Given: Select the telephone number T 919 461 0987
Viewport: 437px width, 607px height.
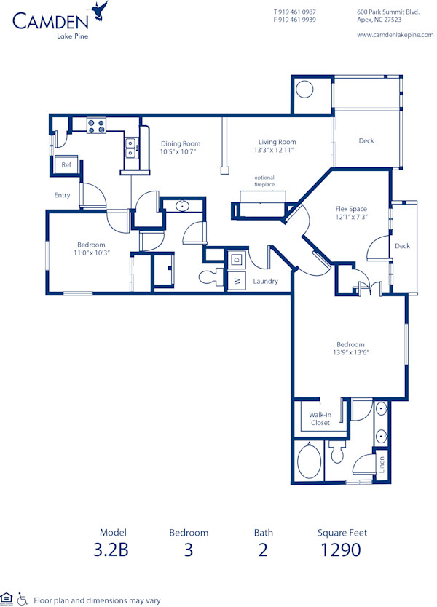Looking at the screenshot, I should (x=294, y=12).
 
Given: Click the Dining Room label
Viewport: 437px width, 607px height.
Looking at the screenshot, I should (x=181, y=143).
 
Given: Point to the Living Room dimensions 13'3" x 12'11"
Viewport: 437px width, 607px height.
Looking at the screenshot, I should (x=277, y=150).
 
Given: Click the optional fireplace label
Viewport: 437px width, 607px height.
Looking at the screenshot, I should (x=264, y=181).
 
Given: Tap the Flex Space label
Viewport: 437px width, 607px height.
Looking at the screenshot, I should (x=351, y=209).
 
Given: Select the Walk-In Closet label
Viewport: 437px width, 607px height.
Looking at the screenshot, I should (x=320, y=418).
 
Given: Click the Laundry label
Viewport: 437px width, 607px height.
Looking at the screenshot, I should (x=265, y=281).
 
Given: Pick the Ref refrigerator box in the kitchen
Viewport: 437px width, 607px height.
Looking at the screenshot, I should (x=66, y=165).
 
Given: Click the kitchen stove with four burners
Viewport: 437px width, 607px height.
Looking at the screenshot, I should (x=96, y=126).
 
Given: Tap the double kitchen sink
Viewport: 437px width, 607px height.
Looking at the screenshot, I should (x=131, y=148).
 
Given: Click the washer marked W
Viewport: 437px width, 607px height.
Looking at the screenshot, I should (x=237, y=281).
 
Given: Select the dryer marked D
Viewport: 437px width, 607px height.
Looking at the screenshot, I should (x=237, y=260).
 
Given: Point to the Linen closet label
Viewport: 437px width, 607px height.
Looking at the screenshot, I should (x=382, y=464).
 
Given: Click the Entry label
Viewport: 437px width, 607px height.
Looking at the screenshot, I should (x=62, y=195).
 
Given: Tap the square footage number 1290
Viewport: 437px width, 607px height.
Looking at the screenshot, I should (x=341, y=550).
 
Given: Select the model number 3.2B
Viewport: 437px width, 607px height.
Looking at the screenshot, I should (x=113, y=550).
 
